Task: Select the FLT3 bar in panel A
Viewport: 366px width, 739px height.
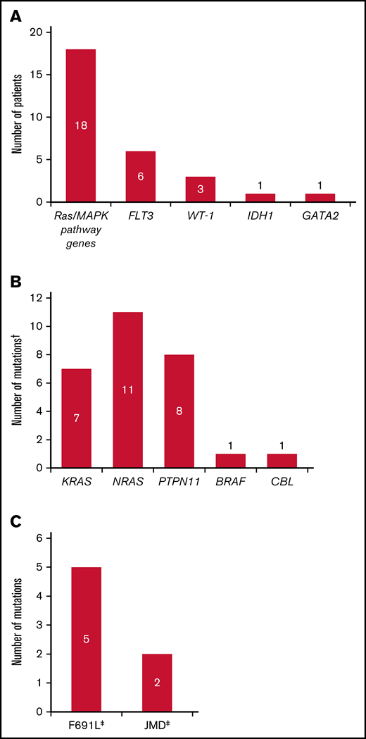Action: coord(141,176)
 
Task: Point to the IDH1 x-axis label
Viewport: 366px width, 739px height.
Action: coord(259,216)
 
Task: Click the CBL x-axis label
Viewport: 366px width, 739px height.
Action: coord(282,482)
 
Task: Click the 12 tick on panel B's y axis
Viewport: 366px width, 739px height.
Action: coord(37,298)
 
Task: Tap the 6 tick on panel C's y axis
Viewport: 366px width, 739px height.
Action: coord(39,538)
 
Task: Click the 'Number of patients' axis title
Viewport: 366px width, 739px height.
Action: coord(16,116)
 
